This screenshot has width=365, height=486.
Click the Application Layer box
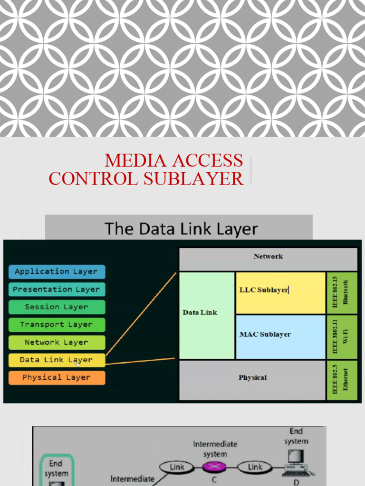(x=57, y=272)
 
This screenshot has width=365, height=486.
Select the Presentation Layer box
(x=57, y=290)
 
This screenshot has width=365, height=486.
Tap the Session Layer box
(x=57, y=307)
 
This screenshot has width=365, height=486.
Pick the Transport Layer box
(x=57, y=325)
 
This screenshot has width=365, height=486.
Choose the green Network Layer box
(x=57, y=342)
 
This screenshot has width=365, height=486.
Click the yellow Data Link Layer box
(x=57, y=360)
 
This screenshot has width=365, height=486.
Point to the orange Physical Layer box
(x=57, y=378)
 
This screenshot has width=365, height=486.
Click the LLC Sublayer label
(x=264, y=290)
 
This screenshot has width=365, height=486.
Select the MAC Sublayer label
(x=265, y=335)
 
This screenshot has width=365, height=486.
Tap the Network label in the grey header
(x=268, y=256)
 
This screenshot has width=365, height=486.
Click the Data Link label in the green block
(x=200, y=312)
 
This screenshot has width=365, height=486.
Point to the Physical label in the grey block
(x=252, y=378)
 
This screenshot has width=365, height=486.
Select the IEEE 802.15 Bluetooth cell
(x=341, y=292)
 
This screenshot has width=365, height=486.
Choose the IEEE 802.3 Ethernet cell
(x=341, y=380)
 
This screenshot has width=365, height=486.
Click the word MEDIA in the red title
(x=137, y=161)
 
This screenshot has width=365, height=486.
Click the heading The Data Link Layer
(x=181, y=229)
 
